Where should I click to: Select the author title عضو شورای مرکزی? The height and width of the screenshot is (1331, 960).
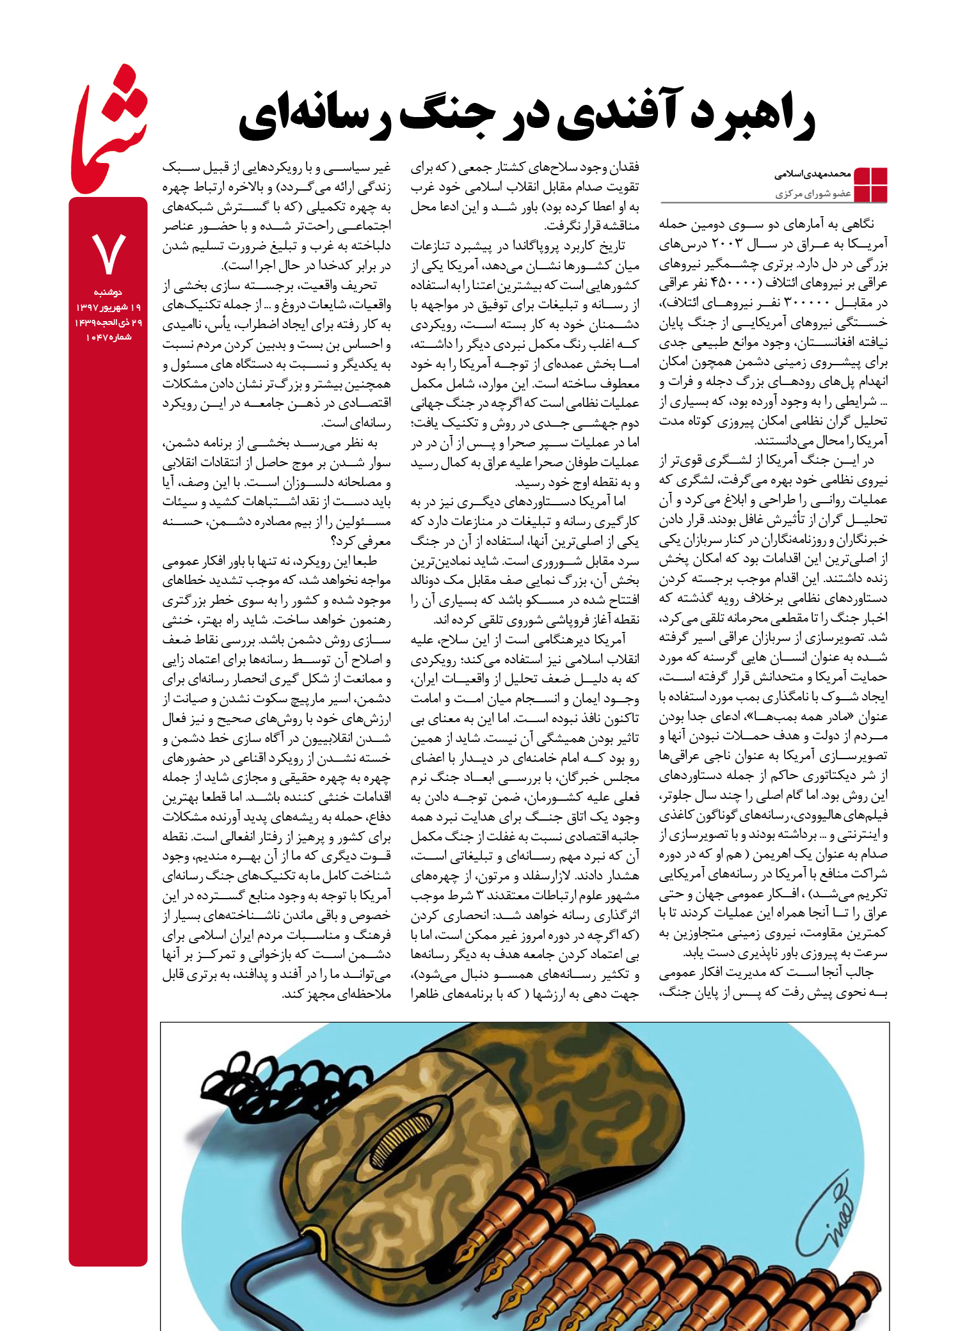(x=813, y=193)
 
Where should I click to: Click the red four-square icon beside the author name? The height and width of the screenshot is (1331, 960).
(x=870, y=184)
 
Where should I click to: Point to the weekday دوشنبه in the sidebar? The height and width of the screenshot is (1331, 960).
(x=108, y=292)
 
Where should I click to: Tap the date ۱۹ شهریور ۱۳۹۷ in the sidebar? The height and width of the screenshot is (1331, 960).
(x=108, y=308)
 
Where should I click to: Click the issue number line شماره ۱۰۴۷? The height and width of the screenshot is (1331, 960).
(x=108, y=337)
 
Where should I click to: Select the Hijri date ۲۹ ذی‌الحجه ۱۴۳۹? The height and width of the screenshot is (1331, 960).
(x=108, y=322)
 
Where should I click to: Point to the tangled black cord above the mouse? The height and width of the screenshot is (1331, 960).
(x=269, y=1081)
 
